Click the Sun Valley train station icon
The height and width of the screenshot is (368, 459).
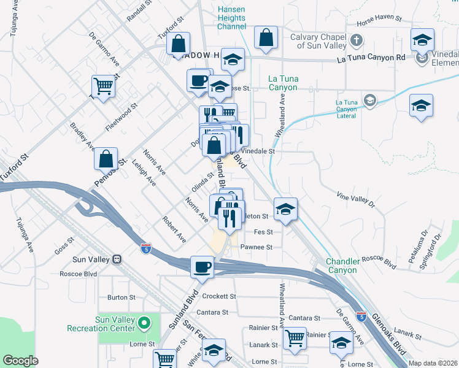pyautogui.click(x=116, y=259)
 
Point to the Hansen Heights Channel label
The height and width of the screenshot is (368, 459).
pyautogui.click(x=232, y=18)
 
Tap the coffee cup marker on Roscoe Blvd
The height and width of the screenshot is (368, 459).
pyautogui.click(x=202, y=267)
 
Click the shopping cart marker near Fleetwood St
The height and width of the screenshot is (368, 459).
pyautogui.click(x=104, y=86)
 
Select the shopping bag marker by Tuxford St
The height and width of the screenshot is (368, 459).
pyautogui.click(x=177, y=44)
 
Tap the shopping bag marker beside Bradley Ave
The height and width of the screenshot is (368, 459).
pyautogui.click(x=106, y=158)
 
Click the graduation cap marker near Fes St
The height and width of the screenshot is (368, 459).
pyautogui.click(x=285, y=209)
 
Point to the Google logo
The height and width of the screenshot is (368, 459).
pyautogui.click(x=21, y=361)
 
